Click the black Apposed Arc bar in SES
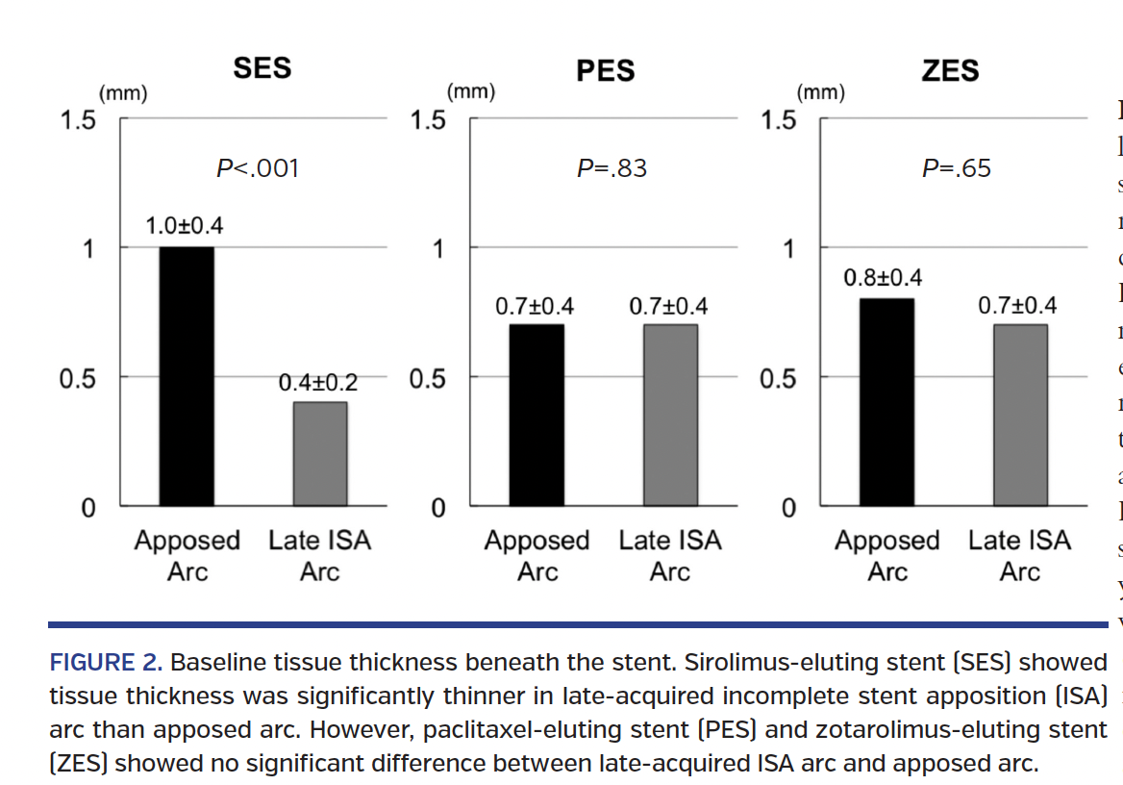coord(187,376)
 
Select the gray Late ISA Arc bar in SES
coord(319,453)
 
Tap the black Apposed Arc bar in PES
coord(536,415)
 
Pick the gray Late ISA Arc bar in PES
coord(670,415)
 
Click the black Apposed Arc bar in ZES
coord(886,402)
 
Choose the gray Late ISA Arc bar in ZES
coord(1020,415)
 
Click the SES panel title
coord(262,69)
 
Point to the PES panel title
coord(606,71)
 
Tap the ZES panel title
coord(950,71)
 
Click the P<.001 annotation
coord(258,169)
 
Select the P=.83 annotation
coord(611,169)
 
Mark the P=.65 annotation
coord(956,169)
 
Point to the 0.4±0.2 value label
coord(317,383)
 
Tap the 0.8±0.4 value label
coord(883,279)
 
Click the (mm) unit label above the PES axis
coord(471,93)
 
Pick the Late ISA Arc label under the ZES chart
coord(1019,556)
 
